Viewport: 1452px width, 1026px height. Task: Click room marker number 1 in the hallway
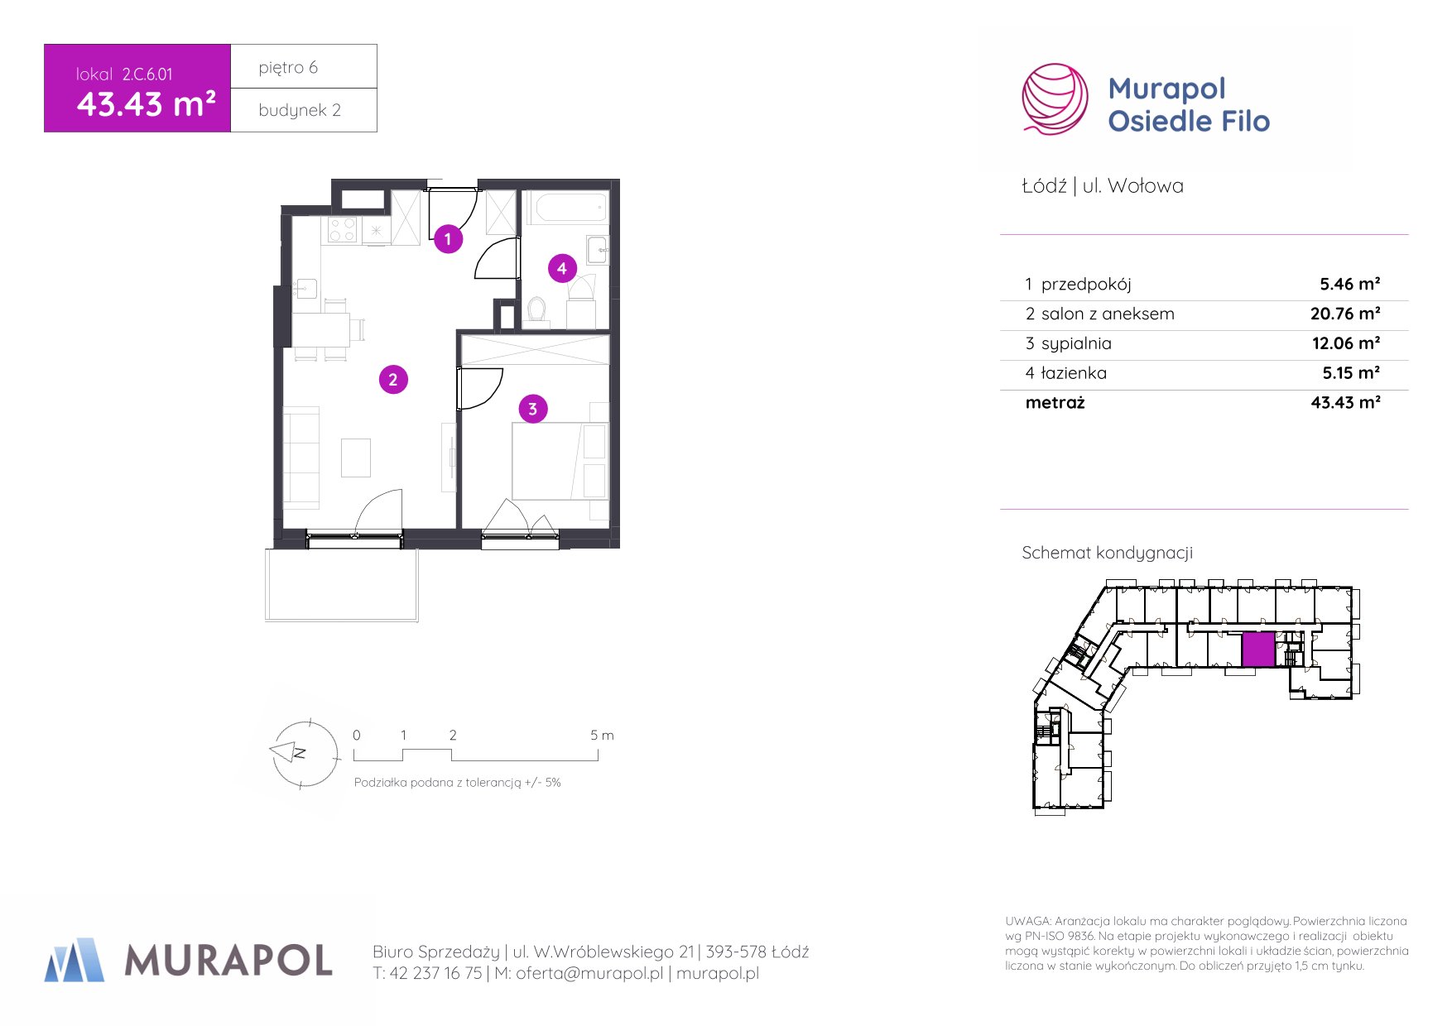448,239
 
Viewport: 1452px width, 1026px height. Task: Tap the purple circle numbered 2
393,380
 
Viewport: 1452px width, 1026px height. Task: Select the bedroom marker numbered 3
533,409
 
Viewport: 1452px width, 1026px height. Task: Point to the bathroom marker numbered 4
562,268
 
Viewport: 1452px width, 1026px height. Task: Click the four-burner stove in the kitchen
342,230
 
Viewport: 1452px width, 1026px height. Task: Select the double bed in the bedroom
560,461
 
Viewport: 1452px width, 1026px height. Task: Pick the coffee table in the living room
356,458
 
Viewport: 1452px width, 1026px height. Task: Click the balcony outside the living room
342,584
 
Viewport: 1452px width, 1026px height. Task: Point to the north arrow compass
305,753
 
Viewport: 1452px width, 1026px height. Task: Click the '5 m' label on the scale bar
602,735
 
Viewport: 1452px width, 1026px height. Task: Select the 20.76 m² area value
1345,314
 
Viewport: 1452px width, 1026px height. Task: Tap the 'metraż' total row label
1055,403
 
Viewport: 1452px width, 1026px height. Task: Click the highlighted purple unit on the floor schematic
1258,650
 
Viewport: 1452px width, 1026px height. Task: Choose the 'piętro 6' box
304,66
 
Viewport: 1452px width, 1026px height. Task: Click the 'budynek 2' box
304,110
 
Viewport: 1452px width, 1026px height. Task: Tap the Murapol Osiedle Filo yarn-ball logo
1055,99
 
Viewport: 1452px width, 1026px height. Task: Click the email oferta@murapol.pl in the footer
589,974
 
